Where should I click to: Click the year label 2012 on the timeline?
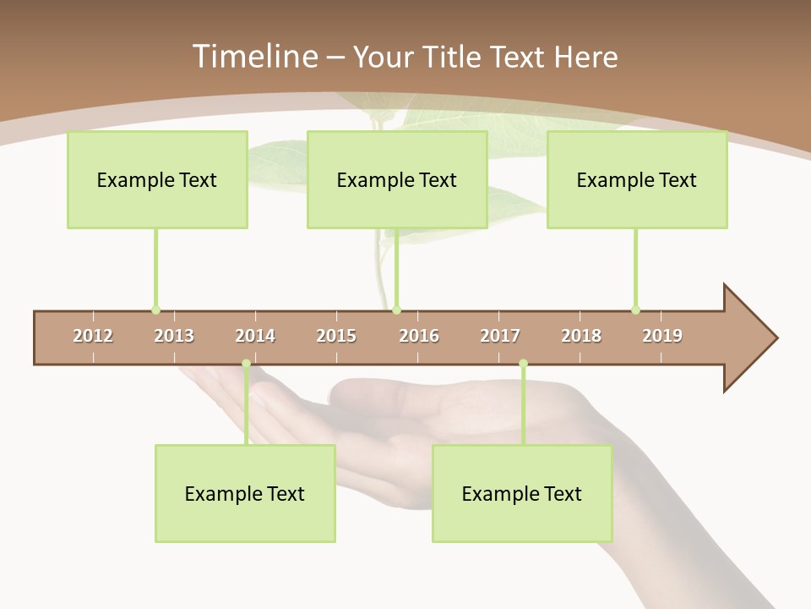click(93, 336)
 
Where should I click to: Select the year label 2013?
click(174, 336)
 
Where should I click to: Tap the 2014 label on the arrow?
click(255, 336)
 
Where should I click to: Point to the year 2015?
click(336, 336)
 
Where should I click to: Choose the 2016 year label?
click(419, 336)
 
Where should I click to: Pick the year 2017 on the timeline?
click(500, 336)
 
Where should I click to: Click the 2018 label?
click(581, 336)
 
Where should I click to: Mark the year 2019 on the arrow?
click(662, 336)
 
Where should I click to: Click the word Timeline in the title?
click(253, 57)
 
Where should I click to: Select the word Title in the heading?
click(452, 57)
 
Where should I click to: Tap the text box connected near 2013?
click(157, 179)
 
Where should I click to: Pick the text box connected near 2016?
click(397, 179)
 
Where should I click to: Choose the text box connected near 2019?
click(637, 179)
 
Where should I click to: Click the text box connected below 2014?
click(245, 493)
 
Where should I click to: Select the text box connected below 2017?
click(522, 493)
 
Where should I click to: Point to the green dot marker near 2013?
click(155, 310)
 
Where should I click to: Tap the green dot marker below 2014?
click(246, 364)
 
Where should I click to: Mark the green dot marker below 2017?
click(523, 364)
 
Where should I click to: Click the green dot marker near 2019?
click(635, 310)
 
